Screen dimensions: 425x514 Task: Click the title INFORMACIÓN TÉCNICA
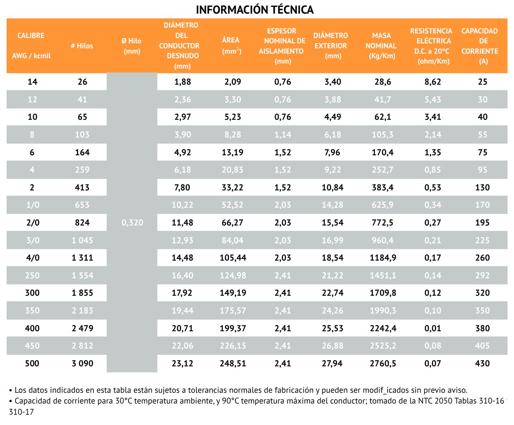pyautogui.click(x=254, y=9)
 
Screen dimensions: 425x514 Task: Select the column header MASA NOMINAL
pyautogui.click(x=381, y=45)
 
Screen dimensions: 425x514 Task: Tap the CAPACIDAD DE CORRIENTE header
pyautogui.click(x=479, y=46)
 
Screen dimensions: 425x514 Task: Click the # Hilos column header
pyautogui.click(x=82, y=46)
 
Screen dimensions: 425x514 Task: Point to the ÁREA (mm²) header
pyautogui.click(x=231, y=45)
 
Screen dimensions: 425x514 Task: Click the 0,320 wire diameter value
pyautogui.click(x=132, y=223)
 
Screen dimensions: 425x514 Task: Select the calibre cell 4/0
pyautogui.click(x=33, y=258)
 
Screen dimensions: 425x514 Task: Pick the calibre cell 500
pyautogui.click(x=32, y=363)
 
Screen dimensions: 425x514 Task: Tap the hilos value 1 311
pyautogui.click(x=82, y=258)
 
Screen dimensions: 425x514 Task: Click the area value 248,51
pyautogui.click(x=233, y=363)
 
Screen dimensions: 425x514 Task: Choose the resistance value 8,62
pyautogui.click(x=433, y=82)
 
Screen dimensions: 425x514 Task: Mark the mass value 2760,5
pyautogui.click(x=383, y=363)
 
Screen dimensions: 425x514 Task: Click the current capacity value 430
pyautogui.click(x=482, y=363)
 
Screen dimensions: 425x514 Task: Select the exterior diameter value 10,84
pyautogui.click(x=332, y=188)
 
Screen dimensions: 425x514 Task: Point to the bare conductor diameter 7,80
pyautogui.click(x=182, y=188)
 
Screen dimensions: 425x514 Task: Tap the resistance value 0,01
pyautogui.click(x=433, y=328)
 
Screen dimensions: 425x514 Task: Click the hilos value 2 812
pyautogui.click(x=82, y=346)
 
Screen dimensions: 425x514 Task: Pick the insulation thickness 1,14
pyautogui.click(x=283, y=135)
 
